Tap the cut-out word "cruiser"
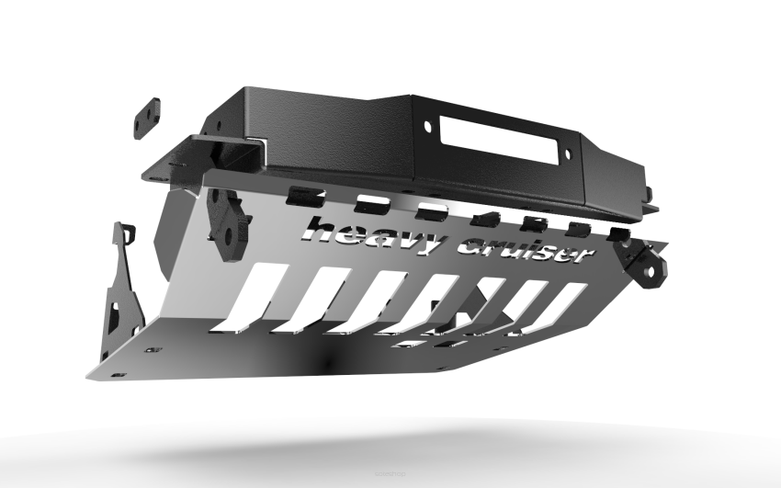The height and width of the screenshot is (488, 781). [x=524, y=248]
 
